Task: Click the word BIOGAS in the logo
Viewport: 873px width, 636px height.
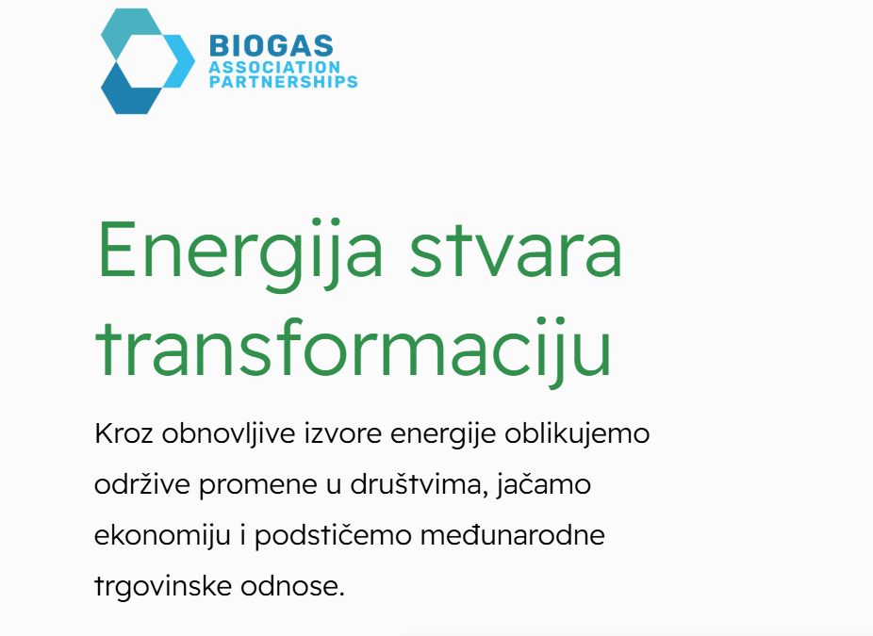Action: pyautogui.click(x=272, y=45)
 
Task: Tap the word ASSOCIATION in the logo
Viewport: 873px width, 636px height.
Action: pyautogui.click(x=274, y=67)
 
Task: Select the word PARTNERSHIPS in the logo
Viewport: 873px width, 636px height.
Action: pyautogui.click(x=283, y=82)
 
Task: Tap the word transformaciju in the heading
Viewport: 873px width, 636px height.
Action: pyautogui.click(x=354, y=348)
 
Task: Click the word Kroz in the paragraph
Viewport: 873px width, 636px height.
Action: pyautogui.click(x=124, y=432)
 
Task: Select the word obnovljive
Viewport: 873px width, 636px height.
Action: pyautogui.click(x=228, y=433)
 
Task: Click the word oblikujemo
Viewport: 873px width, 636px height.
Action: pyautogui.click(x=577, y=433)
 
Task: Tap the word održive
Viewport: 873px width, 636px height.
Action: pyautogui.click(x=142, y=484)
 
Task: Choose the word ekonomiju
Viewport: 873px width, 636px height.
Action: pyautogui.click(x=162, y=535)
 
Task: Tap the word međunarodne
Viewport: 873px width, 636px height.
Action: pyautogui.click(x=512, y=535)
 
